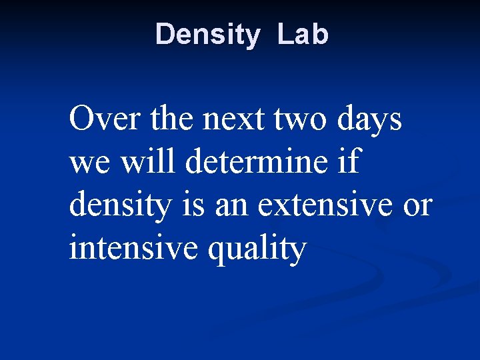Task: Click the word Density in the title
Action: [207, 35]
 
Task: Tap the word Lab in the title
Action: [303, 35]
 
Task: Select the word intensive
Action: [134, 249]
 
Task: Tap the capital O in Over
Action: [81, 120]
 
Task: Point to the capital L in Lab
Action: [283, 35]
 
